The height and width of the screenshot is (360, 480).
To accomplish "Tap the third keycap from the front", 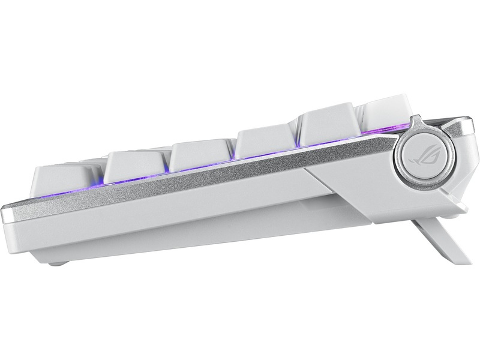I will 201,155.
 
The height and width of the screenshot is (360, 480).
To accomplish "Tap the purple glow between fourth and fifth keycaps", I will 297,147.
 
